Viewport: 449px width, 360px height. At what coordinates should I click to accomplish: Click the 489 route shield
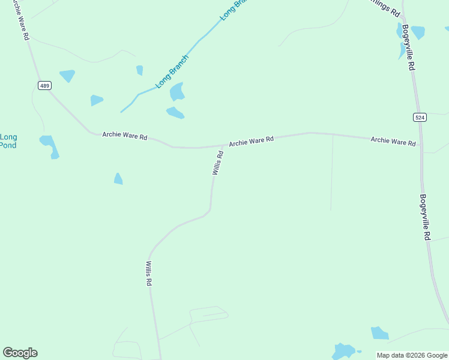point(44,86)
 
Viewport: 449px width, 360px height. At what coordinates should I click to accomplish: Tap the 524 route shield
point(420,117)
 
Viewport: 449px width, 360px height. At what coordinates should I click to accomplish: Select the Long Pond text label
point(8,141)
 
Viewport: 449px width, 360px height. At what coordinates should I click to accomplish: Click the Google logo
point(20,353)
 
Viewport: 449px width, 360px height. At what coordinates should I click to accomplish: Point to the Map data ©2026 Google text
point(412,355)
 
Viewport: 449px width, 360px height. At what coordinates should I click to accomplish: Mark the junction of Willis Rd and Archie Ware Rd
point(223,145)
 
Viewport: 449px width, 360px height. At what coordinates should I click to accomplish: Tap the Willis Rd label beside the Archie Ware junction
point(218,163)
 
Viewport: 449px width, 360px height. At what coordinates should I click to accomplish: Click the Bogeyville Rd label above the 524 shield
point(408,47)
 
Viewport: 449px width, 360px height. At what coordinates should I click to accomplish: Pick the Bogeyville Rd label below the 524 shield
point(425,217)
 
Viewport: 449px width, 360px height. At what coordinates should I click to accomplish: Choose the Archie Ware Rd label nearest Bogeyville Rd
point(393,141)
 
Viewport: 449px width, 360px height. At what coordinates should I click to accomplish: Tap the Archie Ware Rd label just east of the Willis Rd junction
point(251,141)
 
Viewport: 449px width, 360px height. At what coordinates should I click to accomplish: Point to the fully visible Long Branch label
point(172,72)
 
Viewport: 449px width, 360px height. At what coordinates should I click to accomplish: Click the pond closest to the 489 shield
point(67,76)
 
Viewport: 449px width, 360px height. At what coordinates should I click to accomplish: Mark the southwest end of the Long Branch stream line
point(121,112)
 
